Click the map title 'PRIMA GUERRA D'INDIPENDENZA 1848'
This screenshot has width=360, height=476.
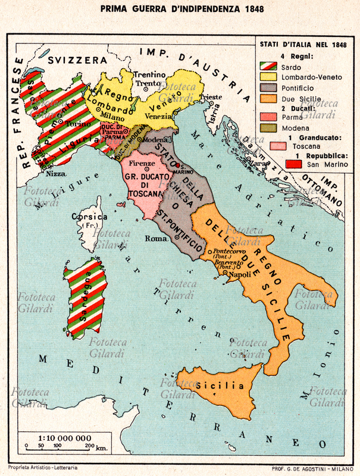tap(180, 11)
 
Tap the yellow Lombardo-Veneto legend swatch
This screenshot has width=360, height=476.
tap(265, 76)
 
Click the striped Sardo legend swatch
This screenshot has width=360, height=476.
tap(265, 65)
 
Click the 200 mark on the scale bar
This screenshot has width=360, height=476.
tap(90, 445)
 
